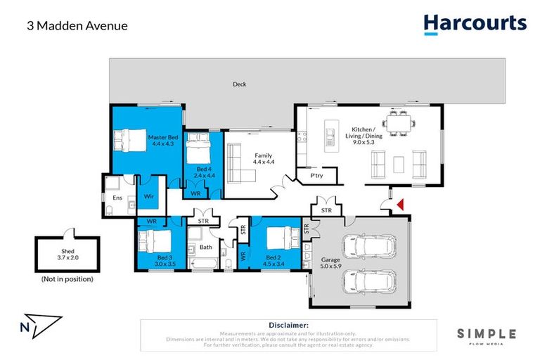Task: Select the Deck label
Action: (x=240, y=84)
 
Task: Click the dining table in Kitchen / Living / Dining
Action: (x=398, y=122)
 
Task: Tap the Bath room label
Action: (x=205, y=247)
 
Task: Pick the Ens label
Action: (x=117, y=198)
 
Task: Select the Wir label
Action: (x=149, y=197)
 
